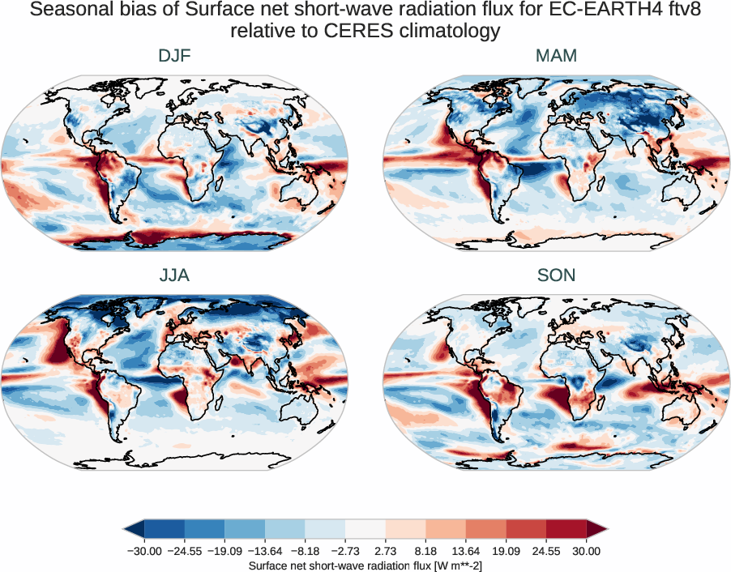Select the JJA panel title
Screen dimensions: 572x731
click(174, 275)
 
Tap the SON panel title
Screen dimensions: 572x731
click(556, 275)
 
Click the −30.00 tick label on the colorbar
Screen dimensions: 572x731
click(144, 551)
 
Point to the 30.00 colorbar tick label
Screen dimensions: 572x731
click(587, 551)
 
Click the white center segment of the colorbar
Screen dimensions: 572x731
click(365, 530)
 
